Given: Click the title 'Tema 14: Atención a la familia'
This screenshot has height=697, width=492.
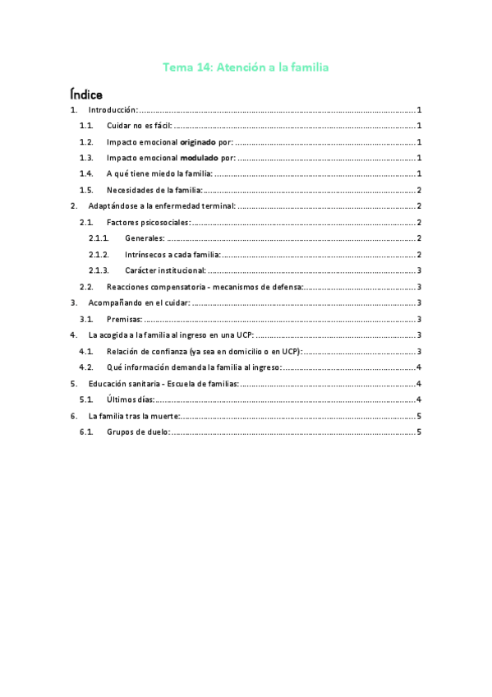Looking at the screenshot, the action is point(246,67).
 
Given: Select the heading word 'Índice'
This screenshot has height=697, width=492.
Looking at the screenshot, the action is point(86,94).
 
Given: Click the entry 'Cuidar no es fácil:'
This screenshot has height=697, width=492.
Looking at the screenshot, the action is point(139,126).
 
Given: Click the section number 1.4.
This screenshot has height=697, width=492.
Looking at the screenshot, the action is point(87,173).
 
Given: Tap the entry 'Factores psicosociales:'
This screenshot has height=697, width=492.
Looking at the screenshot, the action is point(148,222).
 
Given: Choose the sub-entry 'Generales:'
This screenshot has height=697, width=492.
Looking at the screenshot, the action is point(145,238).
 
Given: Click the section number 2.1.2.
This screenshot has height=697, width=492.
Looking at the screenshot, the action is point(99,254).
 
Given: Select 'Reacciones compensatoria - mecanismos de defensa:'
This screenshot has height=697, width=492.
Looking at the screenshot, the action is point(205,287).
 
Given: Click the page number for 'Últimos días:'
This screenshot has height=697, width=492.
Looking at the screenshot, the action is point(419,399).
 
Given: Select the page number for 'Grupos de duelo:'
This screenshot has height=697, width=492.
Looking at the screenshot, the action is point(419,432).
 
